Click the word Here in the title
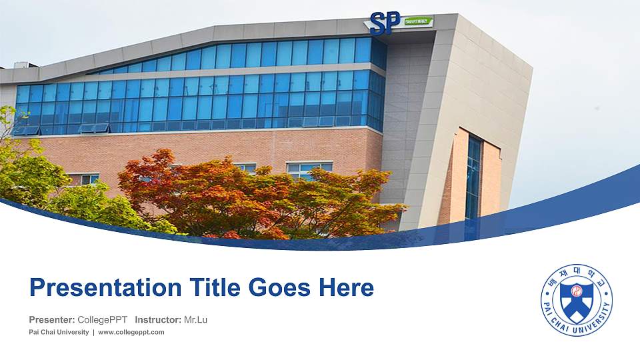coord(346,288)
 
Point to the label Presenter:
coord(52,320)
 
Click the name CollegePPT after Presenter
coord(103,320)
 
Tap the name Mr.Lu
coord(195,320)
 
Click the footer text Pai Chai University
coord(59,333)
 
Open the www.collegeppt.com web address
coord(131,333)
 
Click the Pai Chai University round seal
coord(576,300)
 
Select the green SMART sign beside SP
coord(418,22)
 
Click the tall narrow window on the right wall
coord(473,177)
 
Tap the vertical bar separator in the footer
coord(93,333)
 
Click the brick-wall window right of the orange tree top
coord(309,169)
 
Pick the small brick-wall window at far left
coord(85,179)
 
